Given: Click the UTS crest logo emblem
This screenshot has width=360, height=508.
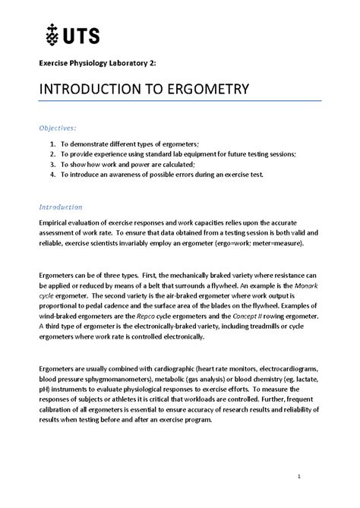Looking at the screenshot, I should click(50, 34).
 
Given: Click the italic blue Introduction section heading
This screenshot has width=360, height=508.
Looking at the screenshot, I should click(60, 207).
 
